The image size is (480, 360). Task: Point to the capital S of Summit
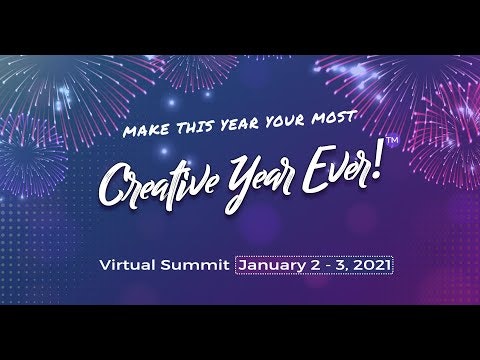coord(172,266)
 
